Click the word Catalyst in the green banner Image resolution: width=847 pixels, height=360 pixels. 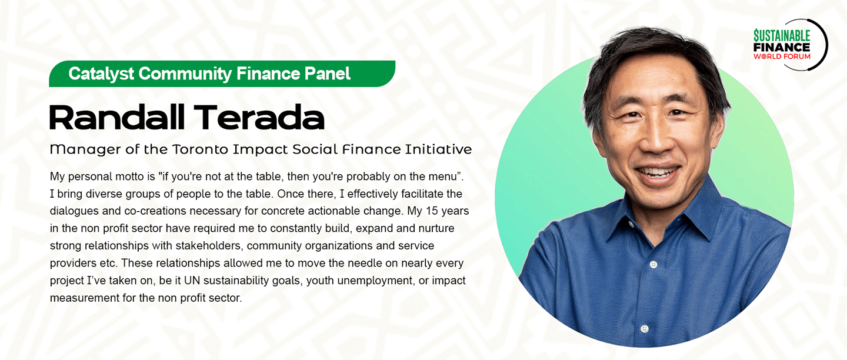tap(101, 74)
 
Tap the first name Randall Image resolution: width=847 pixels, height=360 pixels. tap(117, 117)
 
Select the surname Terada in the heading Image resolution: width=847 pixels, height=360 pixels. tap(259, 117)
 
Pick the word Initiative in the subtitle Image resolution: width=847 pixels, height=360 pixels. tap(438, 149)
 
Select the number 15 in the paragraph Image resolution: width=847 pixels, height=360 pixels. tap(432, 211)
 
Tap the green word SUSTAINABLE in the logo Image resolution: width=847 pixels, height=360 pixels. tap(782, 36)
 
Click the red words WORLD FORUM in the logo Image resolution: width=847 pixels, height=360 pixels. tap(782, 56)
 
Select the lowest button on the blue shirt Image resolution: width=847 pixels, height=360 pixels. tap(645, 328)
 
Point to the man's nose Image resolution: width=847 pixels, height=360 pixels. tap(657, 140)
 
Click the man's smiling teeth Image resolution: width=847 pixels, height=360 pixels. tap(658, 172)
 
